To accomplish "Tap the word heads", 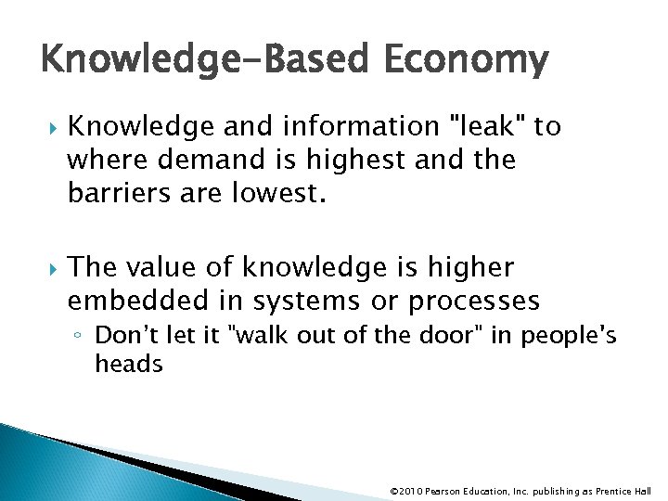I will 128,364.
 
